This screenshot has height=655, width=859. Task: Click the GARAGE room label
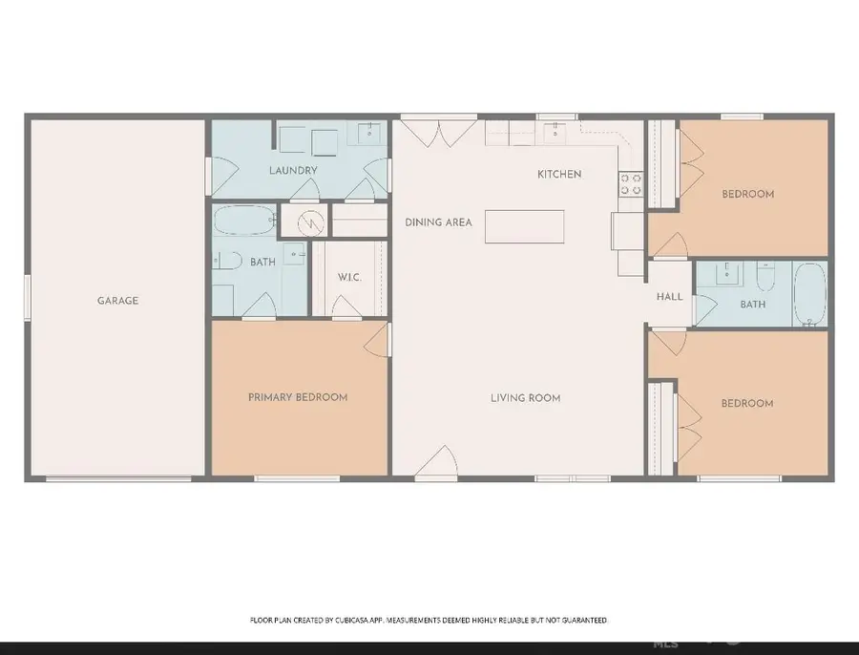pyautogui.click(x=117, y=301)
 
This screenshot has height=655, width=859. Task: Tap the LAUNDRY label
pyautogui.click(x=293, y=171)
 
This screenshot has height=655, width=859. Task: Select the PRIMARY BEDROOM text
pyautogui.click(x=298, y=397)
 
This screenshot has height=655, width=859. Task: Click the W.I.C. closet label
pyautogui.click(x=348, y=278)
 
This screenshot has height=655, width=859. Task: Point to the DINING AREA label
pyautogui.click(x=439, y=222)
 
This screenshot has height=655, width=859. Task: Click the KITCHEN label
pyautogui.click(x=559, y=174)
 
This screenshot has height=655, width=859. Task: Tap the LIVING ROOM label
pyautogui.click(x=525, y=398)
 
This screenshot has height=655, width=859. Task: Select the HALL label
pyautogui.click(x=669, y=297)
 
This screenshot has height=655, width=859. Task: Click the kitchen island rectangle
pyautogui.click(x=524, y=226)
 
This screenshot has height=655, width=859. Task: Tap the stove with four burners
pyautogui.click(x=631, y=183)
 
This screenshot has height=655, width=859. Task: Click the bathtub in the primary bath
pyautogui.click(x=242, y=222)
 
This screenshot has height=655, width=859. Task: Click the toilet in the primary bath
pyautogui.click(x=227, y=260)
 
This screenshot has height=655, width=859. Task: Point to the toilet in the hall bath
pyautogui.click(x=765, y=278)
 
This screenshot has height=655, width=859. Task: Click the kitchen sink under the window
pyautogui.click(x=556, y=133)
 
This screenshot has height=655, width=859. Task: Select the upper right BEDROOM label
pyautogui.click(x=747, y=194)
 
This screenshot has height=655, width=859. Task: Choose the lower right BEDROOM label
pyautogui.click(x=747, y=404)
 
